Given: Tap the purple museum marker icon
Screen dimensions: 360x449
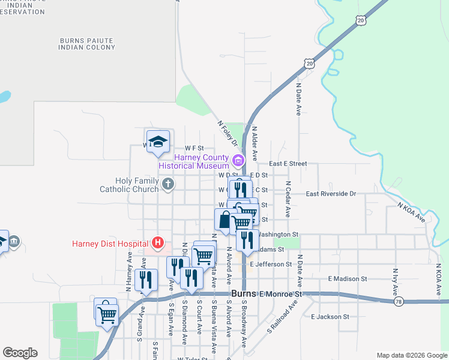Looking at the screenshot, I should click(238, 160).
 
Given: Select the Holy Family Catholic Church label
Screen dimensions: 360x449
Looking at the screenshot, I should click(129, 184).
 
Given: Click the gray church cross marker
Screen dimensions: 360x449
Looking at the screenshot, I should click(168, 184).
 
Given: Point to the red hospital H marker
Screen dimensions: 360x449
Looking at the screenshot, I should click(157, 243).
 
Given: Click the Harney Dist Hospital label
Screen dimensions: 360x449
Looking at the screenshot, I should click(110, 244).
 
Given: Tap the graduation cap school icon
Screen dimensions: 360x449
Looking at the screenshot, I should click(158, 142).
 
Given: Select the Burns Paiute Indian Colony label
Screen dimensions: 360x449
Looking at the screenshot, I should click(87, 43).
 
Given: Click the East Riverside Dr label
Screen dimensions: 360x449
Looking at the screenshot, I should click(331, 194).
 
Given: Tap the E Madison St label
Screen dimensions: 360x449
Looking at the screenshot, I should click(348, 279).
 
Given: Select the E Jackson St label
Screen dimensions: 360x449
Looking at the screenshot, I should click(330, 316).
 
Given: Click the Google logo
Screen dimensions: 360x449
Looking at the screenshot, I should click(20, 353).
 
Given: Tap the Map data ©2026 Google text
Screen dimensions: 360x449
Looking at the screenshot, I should click(411, 355).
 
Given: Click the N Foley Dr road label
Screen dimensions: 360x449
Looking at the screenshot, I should click(228, 135).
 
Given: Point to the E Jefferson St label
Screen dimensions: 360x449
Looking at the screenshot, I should click(271, 264).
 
